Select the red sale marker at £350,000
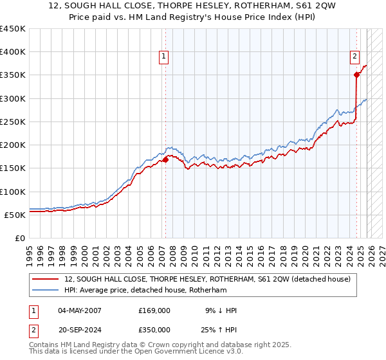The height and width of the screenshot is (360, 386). pos(356,75)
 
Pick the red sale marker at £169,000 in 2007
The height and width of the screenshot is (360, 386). pos(165,159)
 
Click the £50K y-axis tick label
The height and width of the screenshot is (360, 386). pos(15,215)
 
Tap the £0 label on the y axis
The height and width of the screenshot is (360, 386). pos(21,238)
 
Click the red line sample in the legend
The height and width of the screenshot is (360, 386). pos(46,279)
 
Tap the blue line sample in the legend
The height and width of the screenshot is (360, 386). pos(46,291)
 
